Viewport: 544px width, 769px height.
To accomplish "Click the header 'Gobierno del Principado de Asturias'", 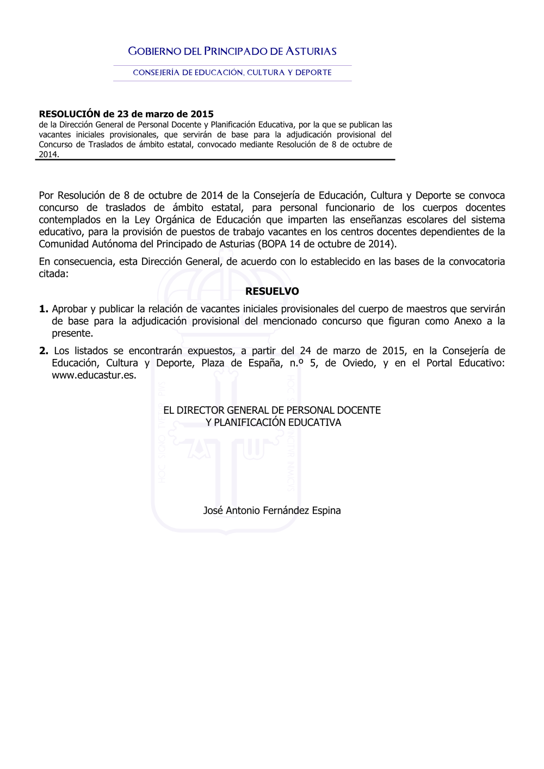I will pyautogui.click(x=232, y=52).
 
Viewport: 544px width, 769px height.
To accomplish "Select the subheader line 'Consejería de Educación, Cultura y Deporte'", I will pyautogui.click(x=232, y=72).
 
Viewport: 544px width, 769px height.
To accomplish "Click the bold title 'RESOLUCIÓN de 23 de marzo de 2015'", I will pyautogui.click(x=126, y=114).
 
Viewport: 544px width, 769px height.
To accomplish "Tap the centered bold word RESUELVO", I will pyautogui.click(x=272, y=292).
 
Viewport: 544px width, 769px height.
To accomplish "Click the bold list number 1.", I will pyautogui.click(x=44, y=309).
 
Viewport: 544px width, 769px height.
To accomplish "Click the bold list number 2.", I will pyautogui.click(x=44, y=351).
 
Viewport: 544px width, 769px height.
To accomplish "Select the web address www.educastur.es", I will pyautogui.click(x=94, y=375).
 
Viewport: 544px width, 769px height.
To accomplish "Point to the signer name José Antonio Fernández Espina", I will pyautogui.click(x=272, y=511).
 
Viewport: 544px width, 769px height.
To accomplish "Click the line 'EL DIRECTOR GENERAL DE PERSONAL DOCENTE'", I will pyautogui.click(x=272, y=411).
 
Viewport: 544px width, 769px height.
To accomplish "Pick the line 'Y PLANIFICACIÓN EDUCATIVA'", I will pyautogui.click(x=273, y=423).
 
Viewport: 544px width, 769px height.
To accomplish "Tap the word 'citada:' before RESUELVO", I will pyautogui.click(x=53, y=274).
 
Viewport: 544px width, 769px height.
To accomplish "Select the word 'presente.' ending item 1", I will pyautogui.click(x=72, y=333).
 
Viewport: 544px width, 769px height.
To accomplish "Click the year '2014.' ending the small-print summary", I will pyautogui.click(x=49, y=154).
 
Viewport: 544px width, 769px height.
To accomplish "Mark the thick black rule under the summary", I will pyautogui.click(x=215, y=160).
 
